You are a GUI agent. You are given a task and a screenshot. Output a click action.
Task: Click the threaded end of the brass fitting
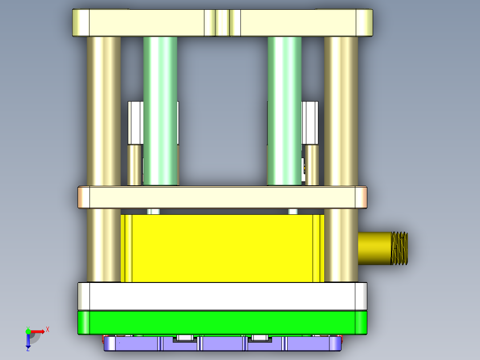coord(399,248)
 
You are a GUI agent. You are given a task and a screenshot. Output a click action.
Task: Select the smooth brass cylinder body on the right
coord(374,248)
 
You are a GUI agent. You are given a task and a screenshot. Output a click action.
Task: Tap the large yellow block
coord(223,248)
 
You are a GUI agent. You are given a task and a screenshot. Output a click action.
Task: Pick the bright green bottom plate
coord(223,323)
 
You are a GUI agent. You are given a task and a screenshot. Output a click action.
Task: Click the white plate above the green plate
coord(223,296)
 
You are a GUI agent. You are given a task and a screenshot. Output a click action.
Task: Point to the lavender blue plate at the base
coord(223,344)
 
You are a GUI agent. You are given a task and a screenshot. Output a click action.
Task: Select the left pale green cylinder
coord(160,111)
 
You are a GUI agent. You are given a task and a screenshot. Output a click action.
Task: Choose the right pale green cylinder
coord(285,111)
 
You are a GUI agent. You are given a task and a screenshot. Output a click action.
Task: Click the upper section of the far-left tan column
coord(104,111)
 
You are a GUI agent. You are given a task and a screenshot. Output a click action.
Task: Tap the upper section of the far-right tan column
coord(341,111)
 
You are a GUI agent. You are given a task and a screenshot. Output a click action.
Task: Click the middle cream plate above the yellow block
coord(223,197)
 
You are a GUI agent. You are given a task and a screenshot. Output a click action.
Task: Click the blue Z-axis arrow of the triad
coord(28,341)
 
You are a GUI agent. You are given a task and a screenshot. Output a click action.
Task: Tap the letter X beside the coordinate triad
coord(47,329)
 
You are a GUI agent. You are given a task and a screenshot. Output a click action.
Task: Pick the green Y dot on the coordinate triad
coord(28,331)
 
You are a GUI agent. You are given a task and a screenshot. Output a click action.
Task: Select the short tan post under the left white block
coord(134,165)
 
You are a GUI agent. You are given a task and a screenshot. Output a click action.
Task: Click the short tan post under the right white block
coord(312,165)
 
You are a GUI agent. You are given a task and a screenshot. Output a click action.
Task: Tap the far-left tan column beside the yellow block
coord(104,245)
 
